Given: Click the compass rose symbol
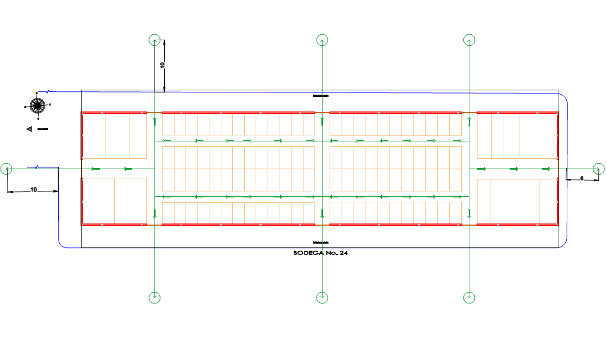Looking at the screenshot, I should click(38, 105).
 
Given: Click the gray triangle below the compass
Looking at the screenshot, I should click(29, 129).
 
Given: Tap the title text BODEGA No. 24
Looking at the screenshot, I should click(320, 253).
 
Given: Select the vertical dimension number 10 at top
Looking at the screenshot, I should click(162, 65).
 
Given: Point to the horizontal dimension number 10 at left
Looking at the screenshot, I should click(34, 190).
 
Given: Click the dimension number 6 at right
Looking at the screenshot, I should click(581, 178).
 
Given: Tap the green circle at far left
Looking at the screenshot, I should click(7, 169).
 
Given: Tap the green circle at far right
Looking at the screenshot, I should click(598, 169).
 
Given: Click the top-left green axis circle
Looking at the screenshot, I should click(154, 40).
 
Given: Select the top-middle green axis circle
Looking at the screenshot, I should click(322, 40).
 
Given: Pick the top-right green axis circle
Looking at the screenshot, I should click(469, 40).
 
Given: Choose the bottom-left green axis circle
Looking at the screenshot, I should click(154, 297).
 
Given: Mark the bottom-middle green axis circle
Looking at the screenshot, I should click(322, 297).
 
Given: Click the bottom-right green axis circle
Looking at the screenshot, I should click(469, 297).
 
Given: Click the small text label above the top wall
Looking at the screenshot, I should click(320, 96).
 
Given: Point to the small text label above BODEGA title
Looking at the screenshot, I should click(320, 242).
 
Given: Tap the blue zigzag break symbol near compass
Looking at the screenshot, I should click(49, 91).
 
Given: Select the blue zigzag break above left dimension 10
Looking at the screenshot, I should click(37, 166).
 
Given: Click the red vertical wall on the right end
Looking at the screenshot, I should click(558, 169).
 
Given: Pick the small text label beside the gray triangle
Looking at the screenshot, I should click(42, 129).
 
